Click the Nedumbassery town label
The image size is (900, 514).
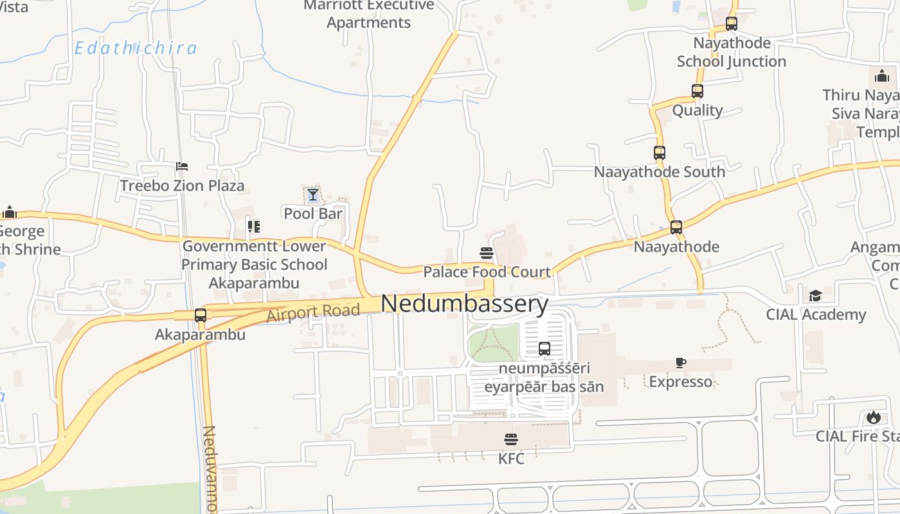(x=465, y=303)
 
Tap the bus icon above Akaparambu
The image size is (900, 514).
(x=201, y=315)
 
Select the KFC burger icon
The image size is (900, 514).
(x=511, y=440)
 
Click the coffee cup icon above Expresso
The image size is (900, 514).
(x=681, y=363)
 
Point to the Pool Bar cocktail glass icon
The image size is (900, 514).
(x=313, y=194)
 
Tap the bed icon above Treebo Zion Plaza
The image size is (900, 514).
(x=182, y=166)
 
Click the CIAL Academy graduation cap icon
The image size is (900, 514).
(x=815, y=296)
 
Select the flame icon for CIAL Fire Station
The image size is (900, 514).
(x=873, y=418)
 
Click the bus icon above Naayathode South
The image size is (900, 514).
(x=660, y=153)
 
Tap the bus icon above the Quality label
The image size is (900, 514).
(x=697, y=91)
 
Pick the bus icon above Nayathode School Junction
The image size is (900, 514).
(x=732, y=24)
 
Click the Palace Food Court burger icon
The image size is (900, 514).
(x=486, y=253)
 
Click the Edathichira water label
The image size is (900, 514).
(x=136, y=48)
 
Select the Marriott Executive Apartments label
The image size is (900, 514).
(x=368, y=14)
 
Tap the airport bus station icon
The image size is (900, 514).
(x=544, y=349)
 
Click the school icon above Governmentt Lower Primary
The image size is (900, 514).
(x=254, y=227)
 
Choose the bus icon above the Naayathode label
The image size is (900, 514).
(x=676, y=227)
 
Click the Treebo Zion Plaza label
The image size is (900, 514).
(x=183, y=186)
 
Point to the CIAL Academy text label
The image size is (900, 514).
(x=816, y=315)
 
